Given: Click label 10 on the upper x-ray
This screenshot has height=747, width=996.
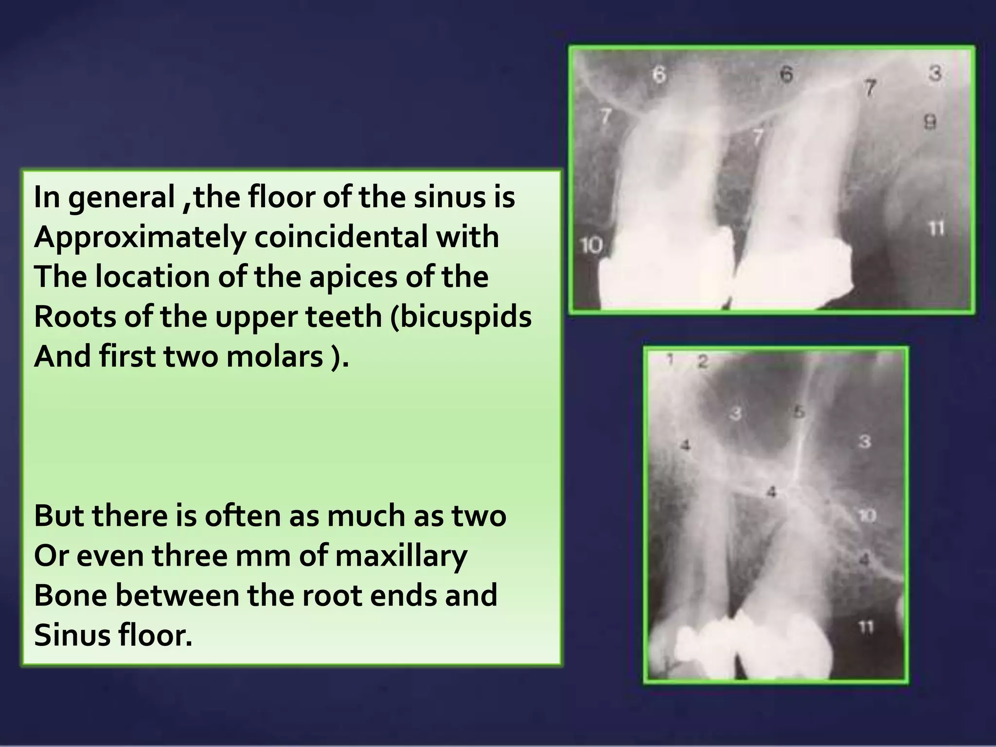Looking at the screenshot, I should coord(591,245).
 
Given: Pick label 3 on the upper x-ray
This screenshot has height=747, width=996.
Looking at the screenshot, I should coord(935,74).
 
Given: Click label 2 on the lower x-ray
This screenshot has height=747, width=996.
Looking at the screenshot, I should coord(702,361).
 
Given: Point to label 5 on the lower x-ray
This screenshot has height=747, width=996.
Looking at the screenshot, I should coord(799,411).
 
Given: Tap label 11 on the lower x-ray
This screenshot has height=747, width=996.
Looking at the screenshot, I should coord(866,628).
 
